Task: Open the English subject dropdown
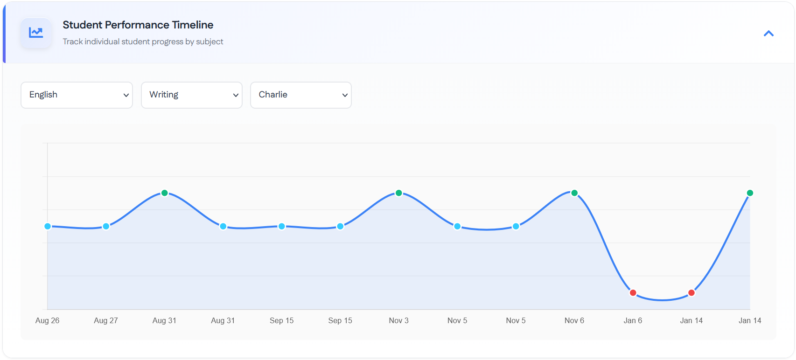coord(77,95)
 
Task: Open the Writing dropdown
coord(191,95)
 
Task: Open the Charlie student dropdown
coord(300,95)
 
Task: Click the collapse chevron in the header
coord(768,34)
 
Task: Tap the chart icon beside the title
coord(36,33)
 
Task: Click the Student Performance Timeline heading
coord(138,25)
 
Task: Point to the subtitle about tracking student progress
coord(143,42)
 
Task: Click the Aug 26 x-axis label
coord(48,320)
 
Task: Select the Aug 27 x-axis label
coord(106,320)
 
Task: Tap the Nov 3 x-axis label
coord(398,320)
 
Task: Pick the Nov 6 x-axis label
coord(574,320)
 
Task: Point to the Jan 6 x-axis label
coord(633,320)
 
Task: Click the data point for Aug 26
coord(48,226)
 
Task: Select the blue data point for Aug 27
coord(106,226)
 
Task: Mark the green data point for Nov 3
coord(398,193)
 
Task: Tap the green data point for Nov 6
coord(574,193)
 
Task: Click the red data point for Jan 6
coord(633,293)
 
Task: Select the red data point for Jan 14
coord(691,293)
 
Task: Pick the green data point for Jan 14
coord(750,193)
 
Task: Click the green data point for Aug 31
coord(164,193)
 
